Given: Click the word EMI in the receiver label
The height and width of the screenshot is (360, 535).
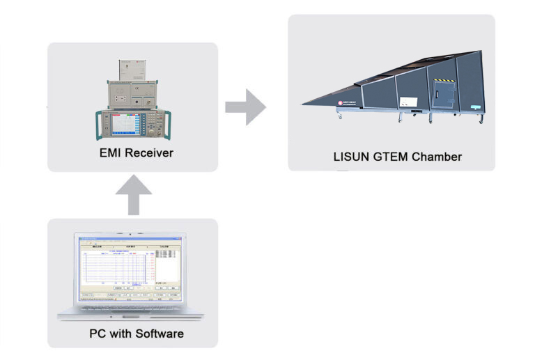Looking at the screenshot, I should click(111, 152).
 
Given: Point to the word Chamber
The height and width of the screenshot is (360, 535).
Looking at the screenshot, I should click(436, 157).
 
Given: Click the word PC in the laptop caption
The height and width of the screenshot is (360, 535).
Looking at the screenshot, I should click(98, 334).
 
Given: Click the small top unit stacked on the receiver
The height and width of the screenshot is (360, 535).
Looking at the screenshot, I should click(132, 69).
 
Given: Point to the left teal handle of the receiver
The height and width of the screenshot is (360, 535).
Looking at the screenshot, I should click(98, 125).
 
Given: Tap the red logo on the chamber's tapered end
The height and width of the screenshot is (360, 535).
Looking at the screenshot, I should click(341, 101).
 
